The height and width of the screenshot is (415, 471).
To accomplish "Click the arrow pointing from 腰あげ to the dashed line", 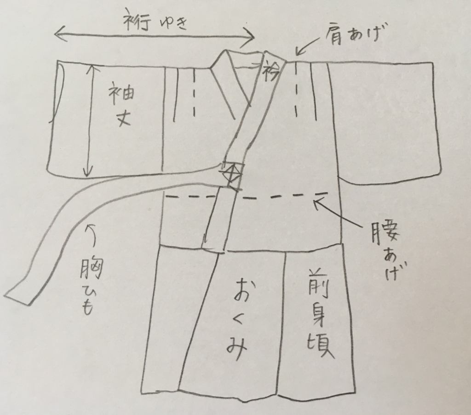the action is [335, 212].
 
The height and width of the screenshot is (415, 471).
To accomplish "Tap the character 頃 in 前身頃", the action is [320, 346].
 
